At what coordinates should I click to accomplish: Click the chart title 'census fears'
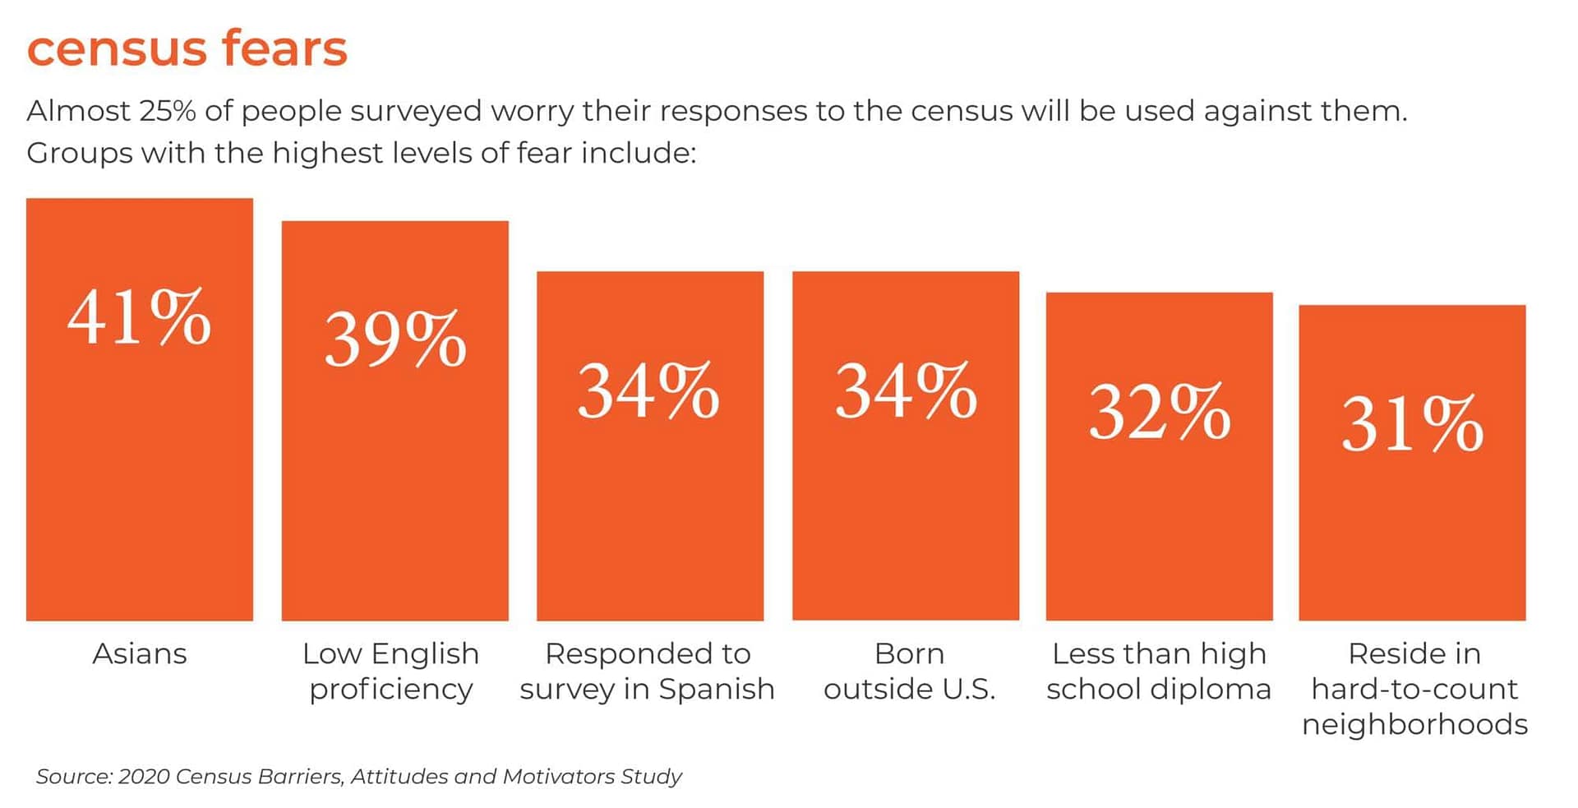point(187,48)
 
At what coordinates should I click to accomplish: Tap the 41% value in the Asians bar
point(139,318)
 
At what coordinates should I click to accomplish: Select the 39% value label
point(395,339)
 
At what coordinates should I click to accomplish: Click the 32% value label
point(1160,412)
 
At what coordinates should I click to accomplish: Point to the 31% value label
point(1412,424)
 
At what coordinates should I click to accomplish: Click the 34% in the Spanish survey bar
point(648,391)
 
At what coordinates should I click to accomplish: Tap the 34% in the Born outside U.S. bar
point(906,391)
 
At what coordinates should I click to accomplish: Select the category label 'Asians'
point(140,654)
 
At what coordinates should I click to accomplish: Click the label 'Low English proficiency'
point(391,672)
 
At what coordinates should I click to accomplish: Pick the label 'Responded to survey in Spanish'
point(648,672)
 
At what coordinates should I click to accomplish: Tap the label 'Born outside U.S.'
point(909,672)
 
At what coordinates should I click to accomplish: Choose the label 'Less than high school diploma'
point(1159,672)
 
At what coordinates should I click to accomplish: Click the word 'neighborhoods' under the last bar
point(1414,724)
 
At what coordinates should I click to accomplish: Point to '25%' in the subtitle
point(168,111)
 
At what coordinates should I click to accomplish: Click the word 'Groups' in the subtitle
point(79,154)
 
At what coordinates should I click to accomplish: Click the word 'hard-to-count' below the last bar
point(1414,689)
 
